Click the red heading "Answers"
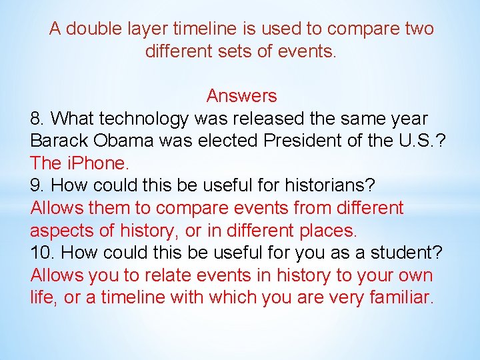tap(241, 96)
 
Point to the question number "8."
tap(38, 119)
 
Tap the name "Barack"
tap(59, 141)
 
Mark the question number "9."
tap(38, 186)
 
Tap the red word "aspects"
tap(62, 231)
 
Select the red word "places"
tap(327, 231)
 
